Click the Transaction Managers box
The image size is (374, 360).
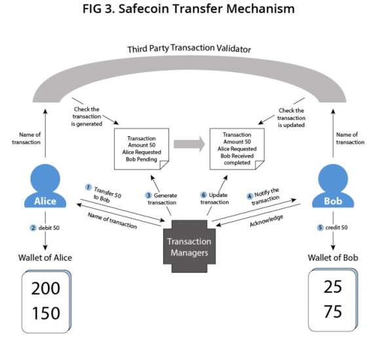coord(189,246)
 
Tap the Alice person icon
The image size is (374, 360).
coord(45,186)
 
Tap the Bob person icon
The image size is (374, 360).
coord(333,186)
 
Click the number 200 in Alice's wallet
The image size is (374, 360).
coord(46,288)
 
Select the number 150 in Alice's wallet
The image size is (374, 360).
coord(46,313)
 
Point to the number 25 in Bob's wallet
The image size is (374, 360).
coord(333,287)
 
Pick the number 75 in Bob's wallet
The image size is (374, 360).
coord(333,311)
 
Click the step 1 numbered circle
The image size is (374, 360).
coord(88,187)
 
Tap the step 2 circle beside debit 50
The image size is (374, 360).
coord(33,228)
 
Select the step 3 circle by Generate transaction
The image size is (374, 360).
coord(148,196)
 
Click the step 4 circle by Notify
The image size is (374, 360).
coord(250,196)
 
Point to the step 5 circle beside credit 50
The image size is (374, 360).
coord(320,228)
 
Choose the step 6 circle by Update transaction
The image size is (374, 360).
coord(204,195)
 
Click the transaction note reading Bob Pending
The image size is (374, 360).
coord(141,149)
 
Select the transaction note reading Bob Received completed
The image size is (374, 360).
coord(237,149)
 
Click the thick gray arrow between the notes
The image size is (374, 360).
coord(189,144)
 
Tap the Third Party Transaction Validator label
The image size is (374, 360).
coord(189,48)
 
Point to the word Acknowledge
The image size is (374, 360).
coord(267,221)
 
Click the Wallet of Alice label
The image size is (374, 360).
coord(45,258)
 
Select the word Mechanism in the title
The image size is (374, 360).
coord(261,9)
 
